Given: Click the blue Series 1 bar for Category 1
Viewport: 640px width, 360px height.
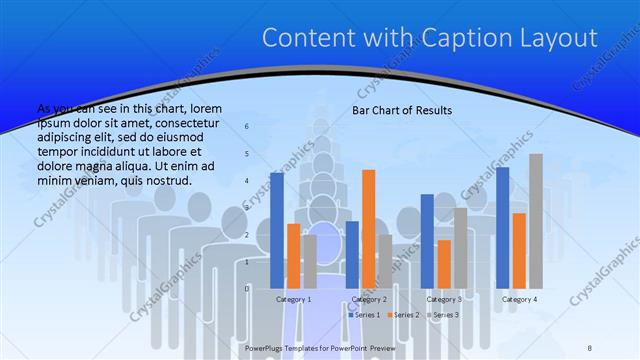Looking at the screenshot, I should [x=277, y=230].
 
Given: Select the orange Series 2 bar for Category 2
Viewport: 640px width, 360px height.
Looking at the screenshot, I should [x=369, y=229].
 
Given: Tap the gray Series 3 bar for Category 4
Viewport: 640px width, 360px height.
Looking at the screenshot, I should [x=536, y=221].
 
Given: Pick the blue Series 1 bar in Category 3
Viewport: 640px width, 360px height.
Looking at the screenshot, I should [x=427, y=241].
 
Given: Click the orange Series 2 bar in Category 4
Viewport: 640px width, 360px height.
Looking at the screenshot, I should [x=519, y=250].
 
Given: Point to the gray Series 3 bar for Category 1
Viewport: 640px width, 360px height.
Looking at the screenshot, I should [x=309, y=261].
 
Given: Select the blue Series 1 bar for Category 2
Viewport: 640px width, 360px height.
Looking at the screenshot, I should [x=352, y=254].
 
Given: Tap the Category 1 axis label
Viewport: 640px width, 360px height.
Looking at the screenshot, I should [x=293, y=299].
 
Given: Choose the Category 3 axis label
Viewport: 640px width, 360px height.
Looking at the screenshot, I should [x=444, y=299].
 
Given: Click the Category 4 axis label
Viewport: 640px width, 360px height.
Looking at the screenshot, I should [x=519, y=299].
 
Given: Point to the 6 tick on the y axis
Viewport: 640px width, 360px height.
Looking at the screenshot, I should [x=248, y=127].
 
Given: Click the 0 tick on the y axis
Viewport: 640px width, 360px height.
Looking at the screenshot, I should [x=248, y=288].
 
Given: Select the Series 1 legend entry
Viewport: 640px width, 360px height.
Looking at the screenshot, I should [x=365, y=315].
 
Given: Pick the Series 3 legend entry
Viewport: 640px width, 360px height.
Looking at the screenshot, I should [x=443, y=315].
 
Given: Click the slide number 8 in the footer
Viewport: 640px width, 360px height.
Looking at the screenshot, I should [x=590, y=347].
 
